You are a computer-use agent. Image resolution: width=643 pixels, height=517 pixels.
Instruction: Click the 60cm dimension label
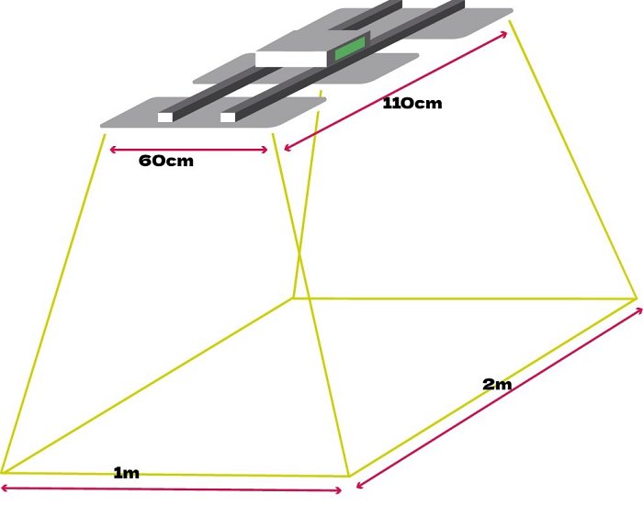(166, 161)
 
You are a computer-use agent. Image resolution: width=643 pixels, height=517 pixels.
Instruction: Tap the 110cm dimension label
(412, 103)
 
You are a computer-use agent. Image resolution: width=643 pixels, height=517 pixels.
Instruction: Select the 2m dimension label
(497, 384)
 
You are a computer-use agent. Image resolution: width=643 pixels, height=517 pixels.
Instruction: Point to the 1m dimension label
(126, 473)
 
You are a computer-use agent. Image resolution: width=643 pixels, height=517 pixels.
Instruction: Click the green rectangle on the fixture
(348, 50)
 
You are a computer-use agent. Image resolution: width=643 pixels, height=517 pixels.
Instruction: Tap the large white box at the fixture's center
(291, 59)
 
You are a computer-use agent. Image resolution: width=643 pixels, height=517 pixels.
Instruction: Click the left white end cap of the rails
(165, 117)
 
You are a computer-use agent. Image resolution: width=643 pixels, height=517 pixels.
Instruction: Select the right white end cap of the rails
(228, 117)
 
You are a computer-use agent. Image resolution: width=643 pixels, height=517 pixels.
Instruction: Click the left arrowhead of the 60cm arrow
(112, 149)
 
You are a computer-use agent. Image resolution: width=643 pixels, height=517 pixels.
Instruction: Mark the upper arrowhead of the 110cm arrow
(505, 34)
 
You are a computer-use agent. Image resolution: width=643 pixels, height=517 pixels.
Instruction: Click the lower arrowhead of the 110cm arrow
(287, 147)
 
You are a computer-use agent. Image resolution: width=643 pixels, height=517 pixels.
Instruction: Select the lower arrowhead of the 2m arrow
(359, 485)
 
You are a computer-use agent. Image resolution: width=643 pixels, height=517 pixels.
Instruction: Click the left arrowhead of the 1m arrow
(5, 487)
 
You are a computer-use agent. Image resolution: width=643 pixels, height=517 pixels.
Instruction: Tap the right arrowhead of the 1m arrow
(340, 490)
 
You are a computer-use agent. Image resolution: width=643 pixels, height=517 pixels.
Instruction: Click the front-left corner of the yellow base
(3, 471)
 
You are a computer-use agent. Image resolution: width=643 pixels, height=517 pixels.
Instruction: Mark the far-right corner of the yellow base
(636, 298)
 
